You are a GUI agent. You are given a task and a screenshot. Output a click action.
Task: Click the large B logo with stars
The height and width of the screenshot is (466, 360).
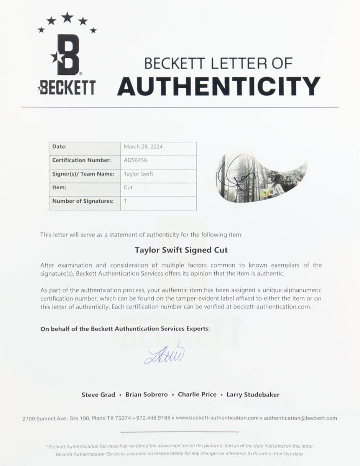pos(67,54)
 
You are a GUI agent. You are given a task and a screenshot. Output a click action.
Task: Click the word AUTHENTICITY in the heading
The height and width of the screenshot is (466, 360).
pos(219,86)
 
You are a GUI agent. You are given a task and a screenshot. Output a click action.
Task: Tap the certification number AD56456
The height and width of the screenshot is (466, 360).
pos(135,160)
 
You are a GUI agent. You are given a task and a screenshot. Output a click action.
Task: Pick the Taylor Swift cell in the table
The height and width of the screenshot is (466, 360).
pos(138,174)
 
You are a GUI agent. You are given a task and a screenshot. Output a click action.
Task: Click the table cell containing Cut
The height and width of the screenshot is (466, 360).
pos(128,187)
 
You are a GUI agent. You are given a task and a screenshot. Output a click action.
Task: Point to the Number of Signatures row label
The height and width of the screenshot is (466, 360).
pos(83,201)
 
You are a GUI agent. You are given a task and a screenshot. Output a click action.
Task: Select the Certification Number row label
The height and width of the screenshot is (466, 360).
pos(82,160)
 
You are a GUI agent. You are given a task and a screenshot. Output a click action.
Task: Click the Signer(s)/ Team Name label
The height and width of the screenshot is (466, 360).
pos(83,174)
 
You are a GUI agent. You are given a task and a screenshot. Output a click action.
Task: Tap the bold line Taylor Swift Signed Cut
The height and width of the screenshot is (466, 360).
pos(181,250)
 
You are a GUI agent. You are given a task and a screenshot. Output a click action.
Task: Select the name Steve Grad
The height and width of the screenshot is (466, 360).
pos(98,395)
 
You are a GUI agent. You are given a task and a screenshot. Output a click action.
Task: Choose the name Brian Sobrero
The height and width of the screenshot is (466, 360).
pos(146,395)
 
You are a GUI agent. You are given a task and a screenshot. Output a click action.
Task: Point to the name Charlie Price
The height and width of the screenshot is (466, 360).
pos(197,395)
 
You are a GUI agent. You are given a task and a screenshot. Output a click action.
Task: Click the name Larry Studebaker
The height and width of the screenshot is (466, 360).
pos(253,395)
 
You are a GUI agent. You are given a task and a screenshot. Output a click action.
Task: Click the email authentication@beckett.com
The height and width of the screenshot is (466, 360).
pos(300,418)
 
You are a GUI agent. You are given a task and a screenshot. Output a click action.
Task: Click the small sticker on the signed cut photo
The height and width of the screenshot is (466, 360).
pos(265,194)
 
